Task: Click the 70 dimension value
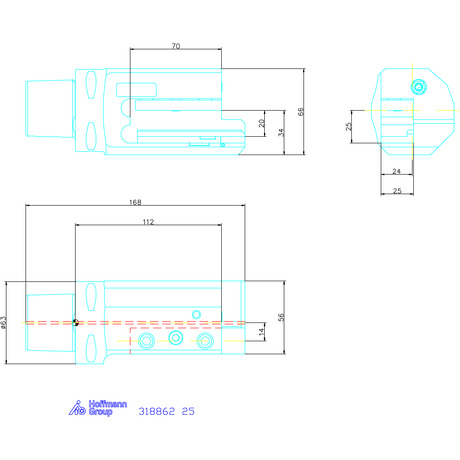[176, 46]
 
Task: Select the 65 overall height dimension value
[301, 112]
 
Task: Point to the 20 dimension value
[262, 123]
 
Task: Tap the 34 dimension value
[281, 132]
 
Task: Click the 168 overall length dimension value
[135, 202]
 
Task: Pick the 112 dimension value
[148, 222]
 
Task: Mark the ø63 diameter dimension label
[3, 322]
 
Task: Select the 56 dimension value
[281, 317]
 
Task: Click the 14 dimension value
[262, 331]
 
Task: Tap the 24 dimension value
[396, 171]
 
